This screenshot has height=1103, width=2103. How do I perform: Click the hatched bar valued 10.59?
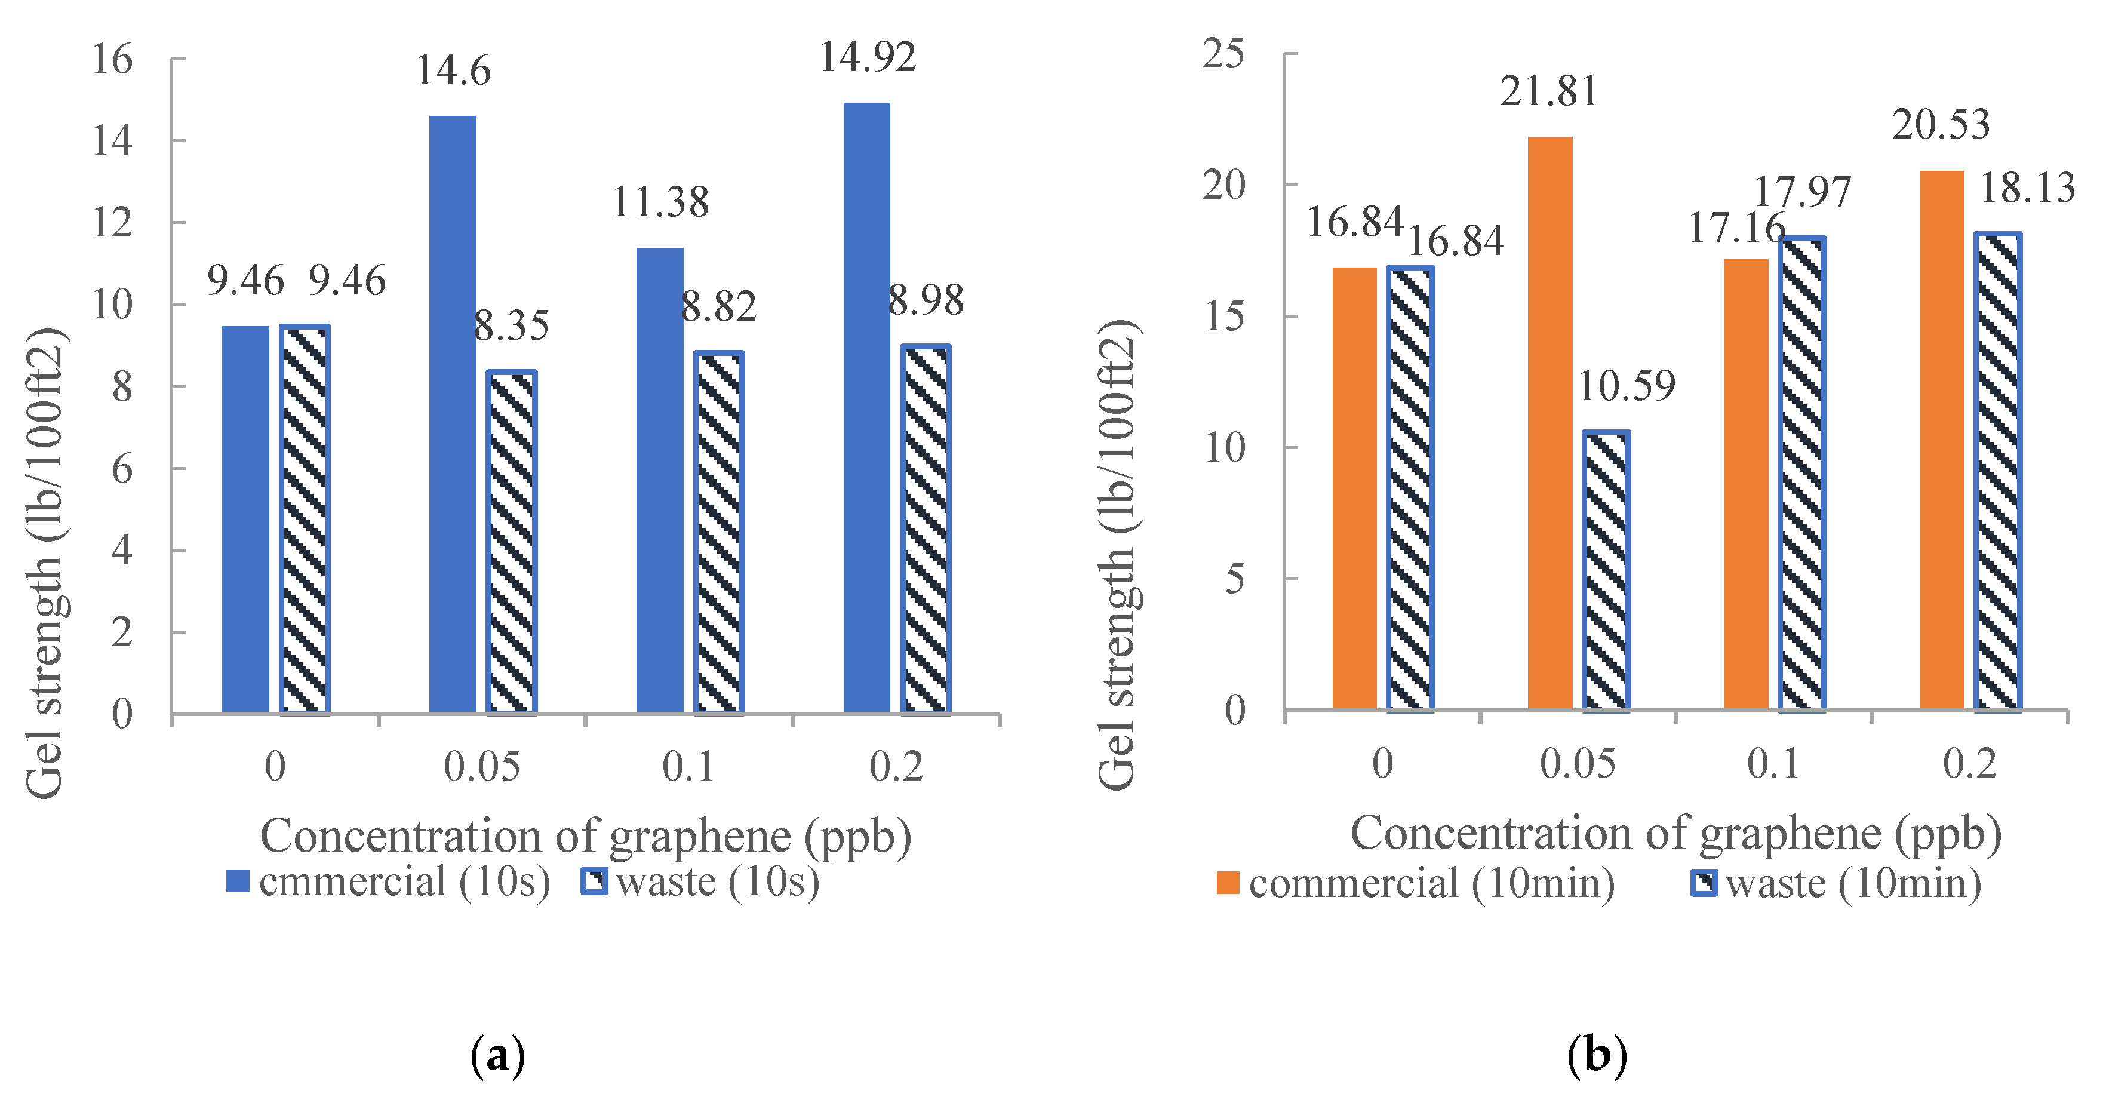1606,571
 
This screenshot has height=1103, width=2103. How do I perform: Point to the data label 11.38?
660,202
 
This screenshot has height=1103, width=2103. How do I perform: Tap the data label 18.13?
2028,189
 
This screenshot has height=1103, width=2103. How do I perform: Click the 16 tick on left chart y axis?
112,60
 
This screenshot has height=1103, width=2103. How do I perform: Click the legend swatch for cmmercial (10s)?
238,881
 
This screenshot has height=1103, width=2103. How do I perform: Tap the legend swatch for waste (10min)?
1704,883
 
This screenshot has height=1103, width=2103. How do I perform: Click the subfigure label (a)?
498,1056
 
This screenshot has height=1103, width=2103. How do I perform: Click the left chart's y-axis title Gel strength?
45,563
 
